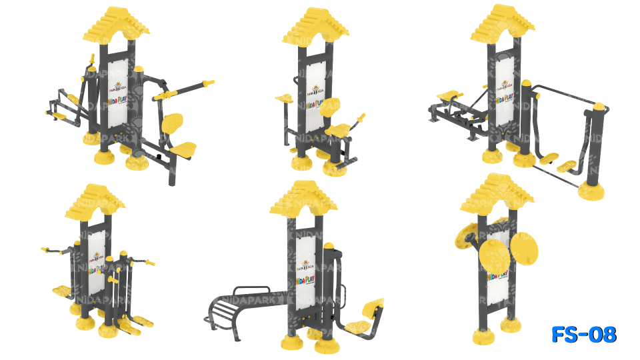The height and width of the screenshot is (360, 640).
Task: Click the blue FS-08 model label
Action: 584,335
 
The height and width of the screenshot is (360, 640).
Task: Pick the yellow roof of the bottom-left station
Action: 95,203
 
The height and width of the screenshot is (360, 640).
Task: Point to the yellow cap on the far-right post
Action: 599,107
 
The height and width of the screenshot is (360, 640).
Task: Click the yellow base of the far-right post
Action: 592,192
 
